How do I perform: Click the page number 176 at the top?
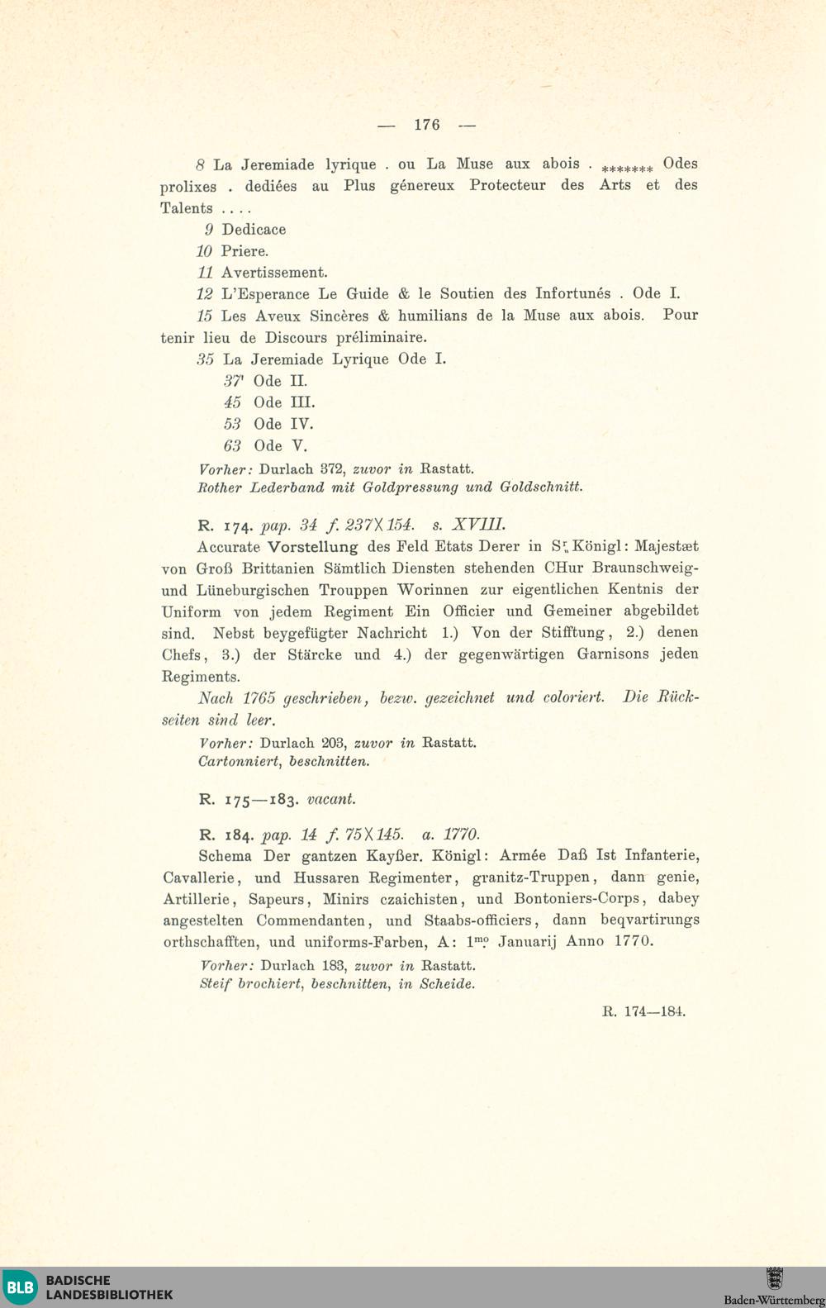click(427, 125)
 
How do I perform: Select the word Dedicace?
click(254, 230)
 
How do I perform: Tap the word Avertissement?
click(274, 273)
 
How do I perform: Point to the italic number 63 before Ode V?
click(232, 446)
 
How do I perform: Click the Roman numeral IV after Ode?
click(301, 425)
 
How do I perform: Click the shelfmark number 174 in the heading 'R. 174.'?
click(240, 526)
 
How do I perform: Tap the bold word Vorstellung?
click(313, 547)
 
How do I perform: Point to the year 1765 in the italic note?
click(259, 698)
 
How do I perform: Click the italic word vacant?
click(331, 800)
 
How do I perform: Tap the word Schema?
click(225, 857)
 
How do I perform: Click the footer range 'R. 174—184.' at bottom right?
click(644, 1011)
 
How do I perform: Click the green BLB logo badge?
click(19, 1287)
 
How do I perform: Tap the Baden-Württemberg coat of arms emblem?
click(774, 1278)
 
